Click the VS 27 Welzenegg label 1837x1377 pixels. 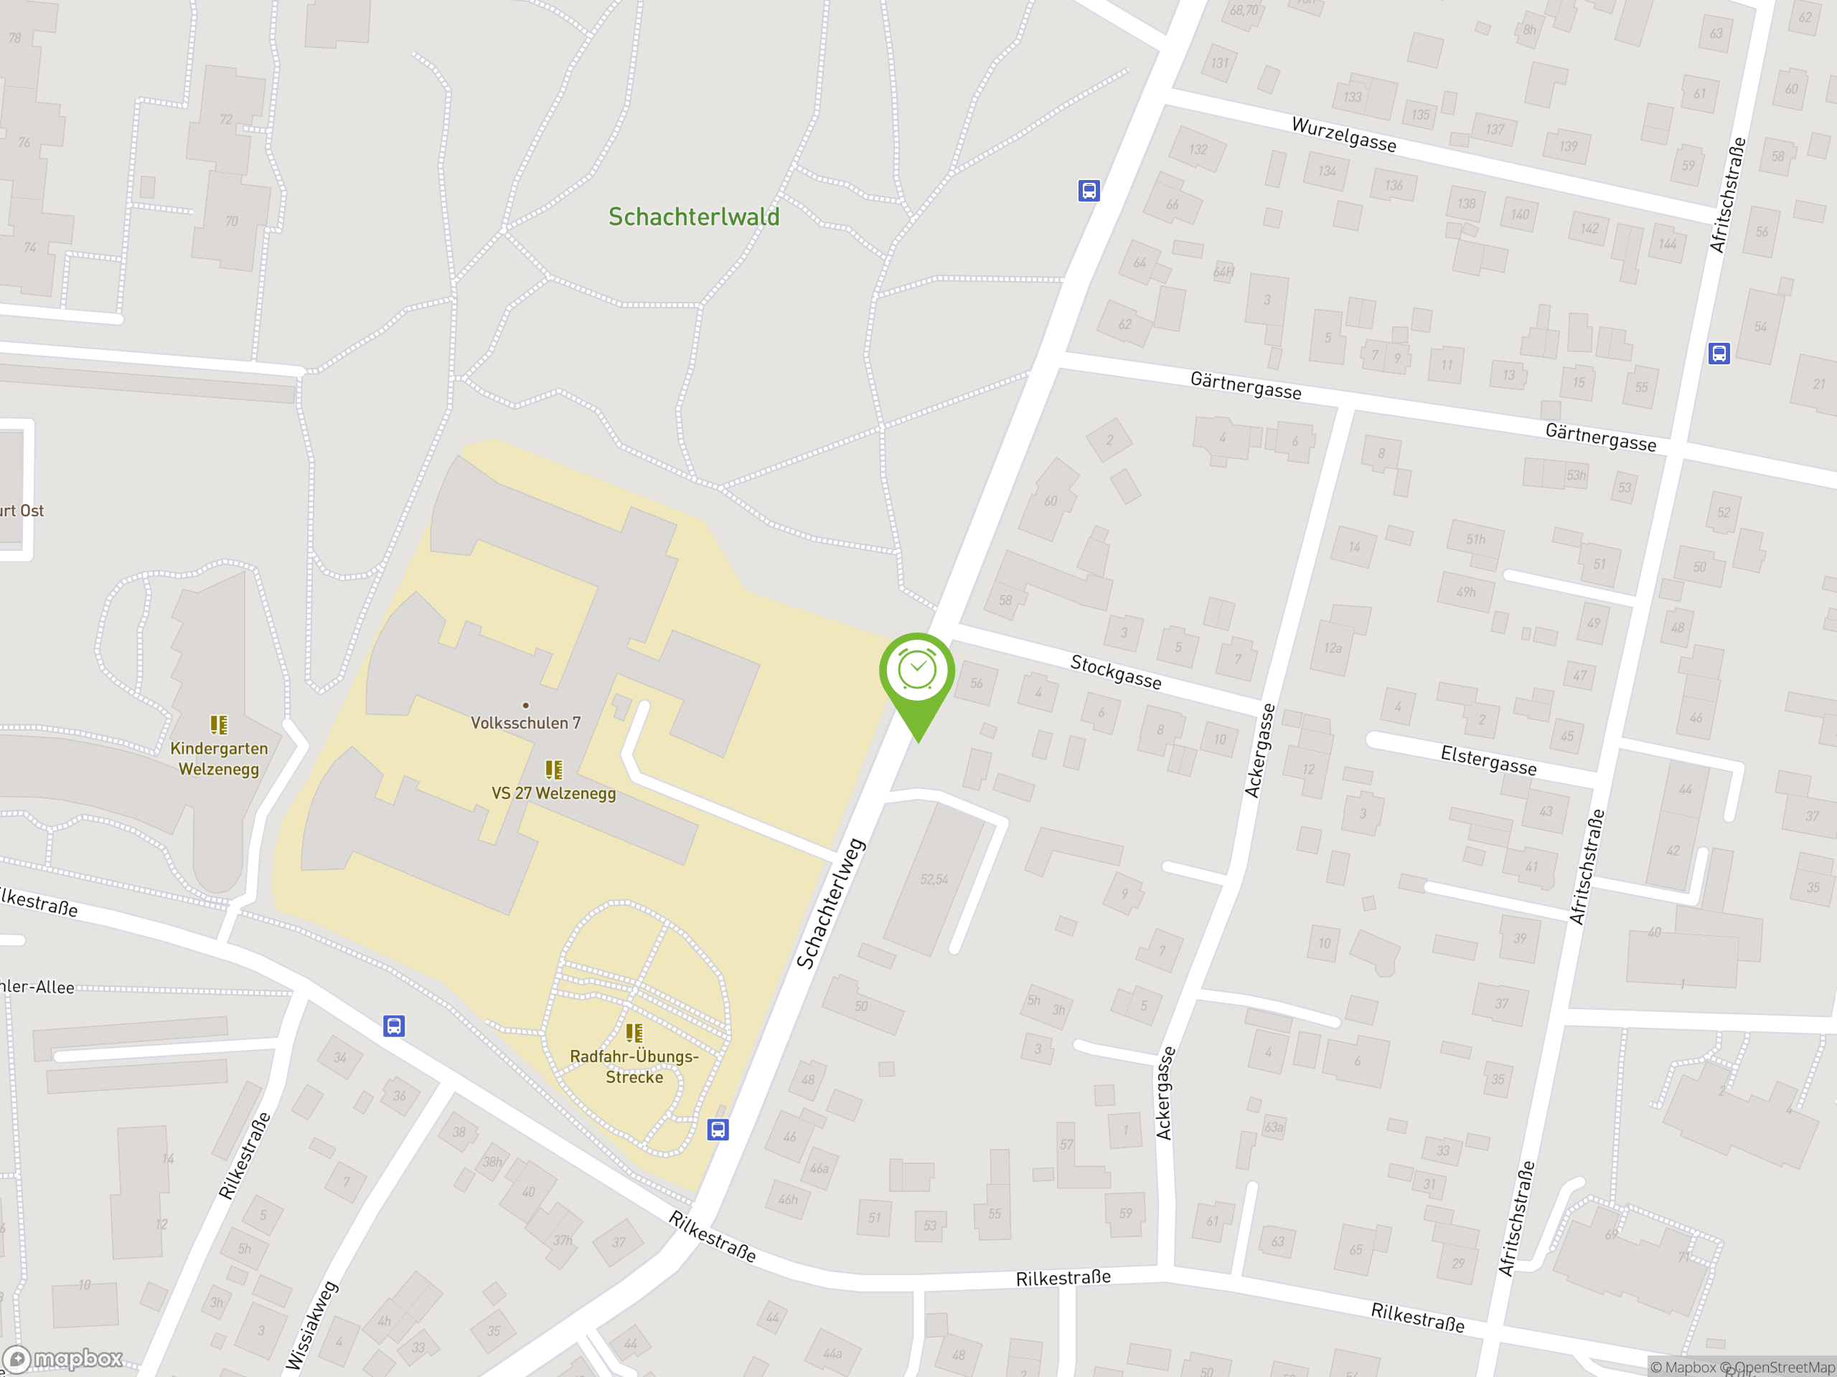click(553, 792)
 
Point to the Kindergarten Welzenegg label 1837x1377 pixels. click(220, 759)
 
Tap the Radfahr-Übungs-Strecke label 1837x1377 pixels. click(634, 1066)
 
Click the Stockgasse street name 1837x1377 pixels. click(1115, 671)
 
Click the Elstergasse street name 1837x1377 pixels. click(1488, 760)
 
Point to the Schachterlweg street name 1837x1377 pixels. click(830, 903)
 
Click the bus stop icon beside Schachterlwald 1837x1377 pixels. click(1089, 191)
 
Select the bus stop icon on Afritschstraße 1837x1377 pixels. click(1719, 354)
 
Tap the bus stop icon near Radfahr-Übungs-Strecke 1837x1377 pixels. click(718, 1129)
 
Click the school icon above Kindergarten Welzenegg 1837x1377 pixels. click(218, 724)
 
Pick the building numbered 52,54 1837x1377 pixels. click(934, 879)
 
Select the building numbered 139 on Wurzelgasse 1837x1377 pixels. click(1568, 146)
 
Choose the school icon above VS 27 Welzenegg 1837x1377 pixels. click(553, 770)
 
